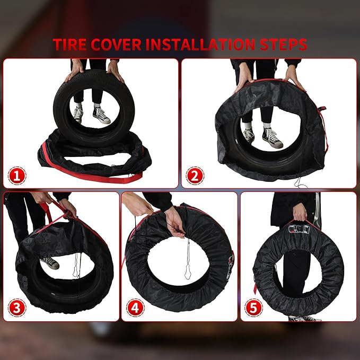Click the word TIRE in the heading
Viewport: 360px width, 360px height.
click(72, 45)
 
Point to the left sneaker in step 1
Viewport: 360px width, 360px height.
click(78, 114)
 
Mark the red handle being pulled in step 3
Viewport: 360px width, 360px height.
click(50, 212)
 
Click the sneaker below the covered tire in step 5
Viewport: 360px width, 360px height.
click(302, 318)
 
